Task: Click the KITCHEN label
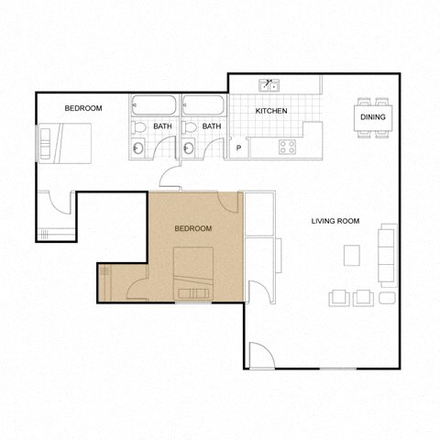[x=270, y=111]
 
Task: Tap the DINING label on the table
[x=372, y=117]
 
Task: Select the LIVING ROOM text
[x=335, y=221]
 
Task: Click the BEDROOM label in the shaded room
[x=192, y=228]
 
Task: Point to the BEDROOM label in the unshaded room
[x=82, y=108]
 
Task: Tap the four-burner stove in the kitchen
[x=287, y=147]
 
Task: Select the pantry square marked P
[x=239, y=148]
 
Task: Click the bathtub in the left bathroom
[x=154, y=104]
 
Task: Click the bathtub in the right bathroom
[x=203, y=104]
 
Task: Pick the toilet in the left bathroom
[x=138, y=127]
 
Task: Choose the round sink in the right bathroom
[x=189, y=148]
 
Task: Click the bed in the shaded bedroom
[x=193, y=273]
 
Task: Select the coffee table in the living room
[x=352, y=255]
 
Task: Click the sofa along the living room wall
[x=388, y=254]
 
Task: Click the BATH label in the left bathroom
[x=162, y=126]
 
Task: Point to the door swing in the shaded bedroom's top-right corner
[x=229, y=203]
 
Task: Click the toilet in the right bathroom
[x=188, y=127]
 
